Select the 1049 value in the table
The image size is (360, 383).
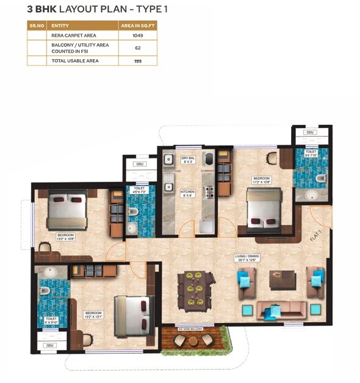137,35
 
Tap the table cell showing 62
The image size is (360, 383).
137,48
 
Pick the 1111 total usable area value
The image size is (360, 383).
137,61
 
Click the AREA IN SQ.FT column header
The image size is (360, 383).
137,26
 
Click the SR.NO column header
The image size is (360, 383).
37,26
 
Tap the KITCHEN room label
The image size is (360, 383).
187,193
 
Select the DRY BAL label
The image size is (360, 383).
188,160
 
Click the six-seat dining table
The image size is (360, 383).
196,290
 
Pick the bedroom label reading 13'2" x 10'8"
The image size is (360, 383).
65,237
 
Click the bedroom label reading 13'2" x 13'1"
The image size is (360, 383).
93,315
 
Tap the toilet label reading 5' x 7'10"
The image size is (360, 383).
311,154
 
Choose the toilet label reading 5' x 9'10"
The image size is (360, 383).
51,321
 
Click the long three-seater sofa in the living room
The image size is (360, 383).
281,310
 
